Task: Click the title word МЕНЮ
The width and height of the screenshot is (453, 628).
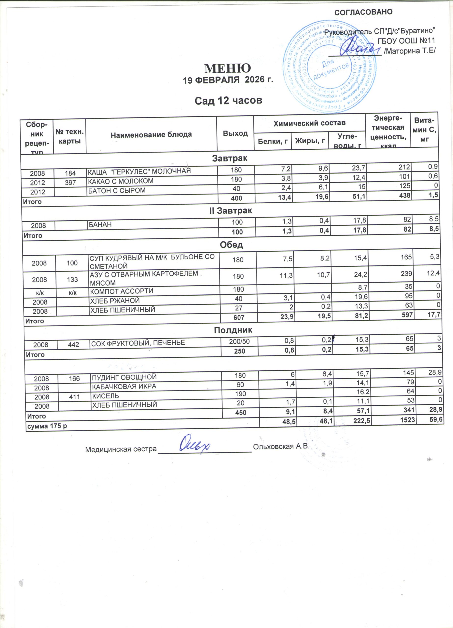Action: pyautogui.click(x=228, y=68)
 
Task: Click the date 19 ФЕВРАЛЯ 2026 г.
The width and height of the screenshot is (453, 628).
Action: pyautogui.click(x=228, y=80)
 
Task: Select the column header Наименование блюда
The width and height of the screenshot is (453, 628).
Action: pyautogui.click(x=151, y=135)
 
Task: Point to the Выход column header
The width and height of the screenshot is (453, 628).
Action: pyautogui.click(x=235, y=133)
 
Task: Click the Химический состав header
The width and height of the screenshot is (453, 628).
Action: pyautogui.click(x=309, y=123)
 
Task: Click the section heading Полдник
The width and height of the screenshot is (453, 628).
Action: pyautogui.click(x=233, y=330)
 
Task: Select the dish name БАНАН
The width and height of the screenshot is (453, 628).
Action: pyautogui.click(x=100, y=224)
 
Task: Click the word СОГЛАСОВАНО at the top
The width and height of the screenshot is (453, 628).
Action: pyautogui.click(x=364, y=12)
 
